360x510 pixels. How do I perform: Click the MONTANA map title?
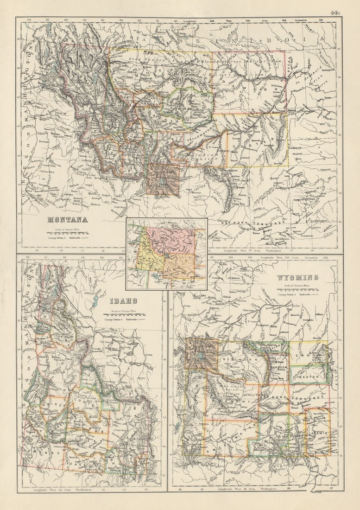pyautogui.click(x=67, y=220)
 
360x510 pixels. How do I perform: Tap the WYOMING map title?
pyautogui.click(x=297, y=278)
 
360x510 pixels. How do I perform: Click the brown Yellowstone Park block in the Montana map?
pyautogui.click(x=163, y=178)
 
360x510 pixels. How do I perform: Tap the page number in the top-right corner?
pyautogui.click(x=335, y=13)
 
